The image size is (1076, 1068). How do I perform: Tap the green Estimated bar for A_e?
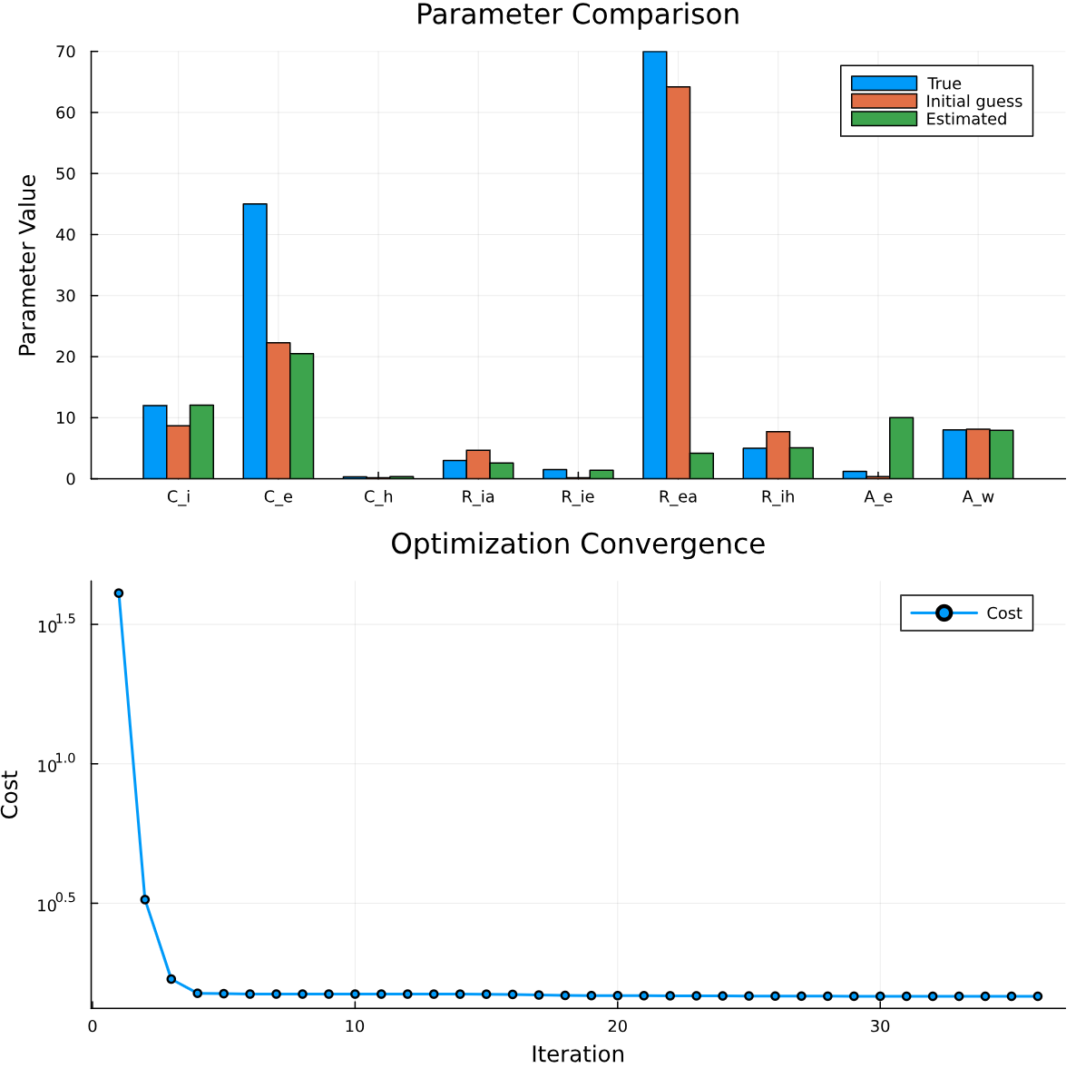[901, 448]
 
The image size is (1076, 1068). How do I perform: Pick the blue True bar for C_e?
[255, 341]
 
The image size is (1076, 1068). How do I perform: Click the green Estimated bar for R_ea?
[701, 465]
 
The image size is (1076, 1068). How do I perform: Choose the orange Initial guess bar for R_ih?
[778, 455]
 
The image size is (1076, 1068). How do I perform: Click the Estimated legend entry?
[965, 119]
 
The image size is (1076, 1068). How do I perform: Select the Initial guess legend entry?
[973, 102]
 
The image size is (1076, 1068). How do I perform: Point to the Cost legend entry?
[1003, 613]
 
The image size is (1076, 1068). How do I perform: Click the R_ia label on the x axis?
[478, 496]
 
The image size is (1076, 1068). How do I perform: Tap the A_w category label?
[978, 496]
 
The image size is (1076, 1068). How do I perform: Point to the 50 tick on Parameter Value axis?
[65, 173]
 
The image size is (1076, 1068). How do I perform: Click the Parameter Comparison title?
[578, 15]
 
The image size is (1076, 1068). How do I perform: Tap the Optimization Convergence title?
[578, 544]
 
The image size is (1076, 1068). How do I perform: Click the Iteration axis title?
[578, 1053]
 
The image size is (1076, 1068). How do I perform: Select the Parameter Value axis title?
[28, 265]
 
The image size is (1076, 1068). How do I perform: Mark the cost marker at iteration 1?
[118, 593]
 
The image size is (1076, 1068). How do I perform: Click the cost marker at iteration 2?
[144, 899]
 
